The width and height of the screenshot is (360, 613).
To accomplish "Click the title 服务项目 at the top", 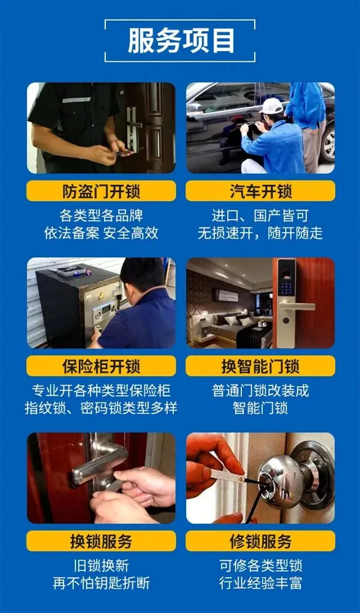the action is pos(181,41).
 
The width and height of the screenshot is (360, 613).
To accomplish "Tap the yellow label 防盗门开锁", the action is pos(101,191).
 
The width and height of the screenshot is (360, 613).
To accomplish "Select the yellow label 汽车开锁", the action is pos(260,191).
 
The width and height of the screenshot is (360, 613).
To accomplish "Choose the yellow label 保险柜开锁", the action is pos(101,366).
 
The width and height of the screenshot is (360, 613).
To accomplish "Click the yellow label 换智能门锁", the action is pos(260,366).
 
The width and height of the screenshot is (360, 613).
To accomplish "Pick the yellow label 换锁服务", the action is pos(101,541).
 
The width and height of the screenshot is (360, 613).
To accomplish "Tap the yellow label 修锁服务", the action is pos(260,541).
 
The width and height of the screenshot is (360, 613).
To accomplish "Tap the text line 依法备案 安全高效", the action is pos(101,234).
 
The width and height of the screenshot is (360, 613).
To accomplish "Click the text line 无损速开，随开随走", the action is pos(260,234).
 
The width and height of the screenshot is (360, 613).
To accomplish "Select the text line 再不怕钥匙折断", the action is pos(101,583).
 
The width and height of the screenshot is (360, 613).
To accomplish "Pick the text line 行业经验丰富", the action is pos(260,583).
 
